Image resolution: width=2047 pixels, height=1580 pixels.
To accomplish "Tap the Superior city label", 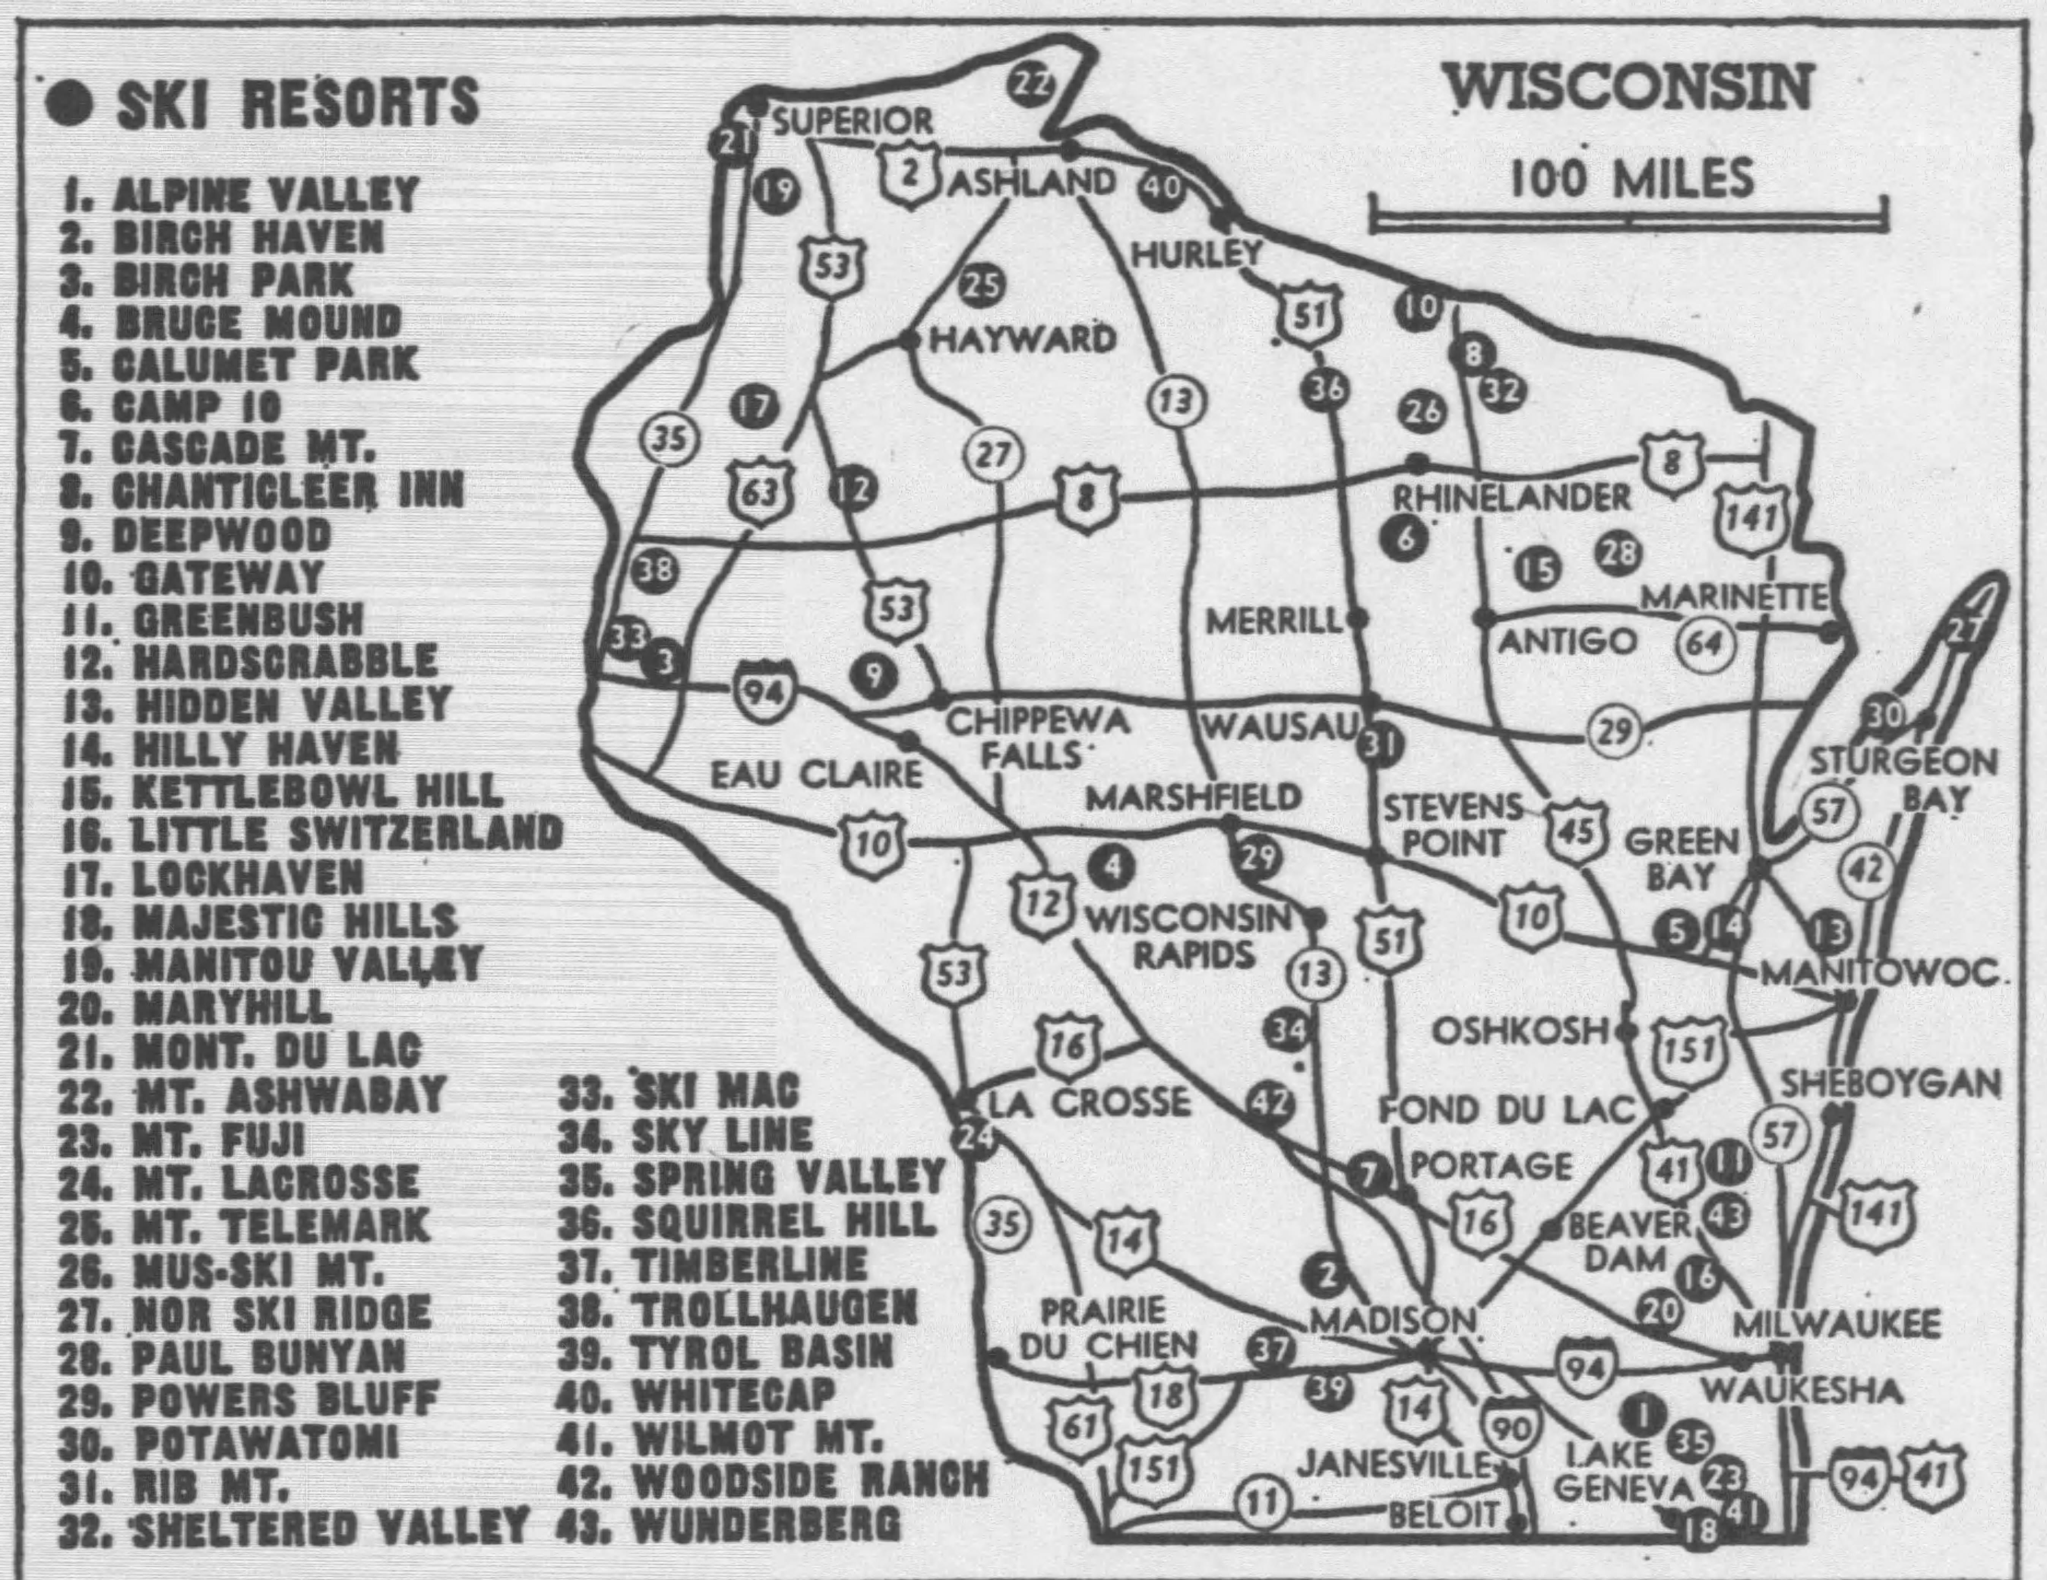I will coord(853,121).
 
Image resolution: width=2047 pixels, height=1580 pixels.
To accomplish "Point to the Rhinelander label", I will coord(1511,498).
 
